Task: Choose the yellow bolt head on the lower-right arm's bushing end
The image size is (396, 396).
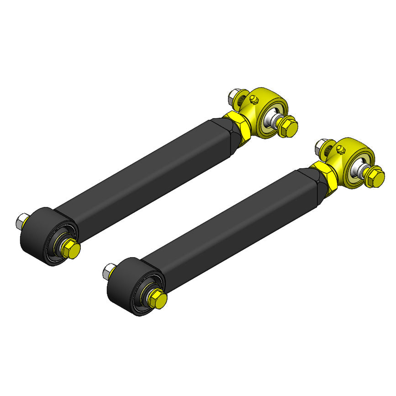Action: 158,299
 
